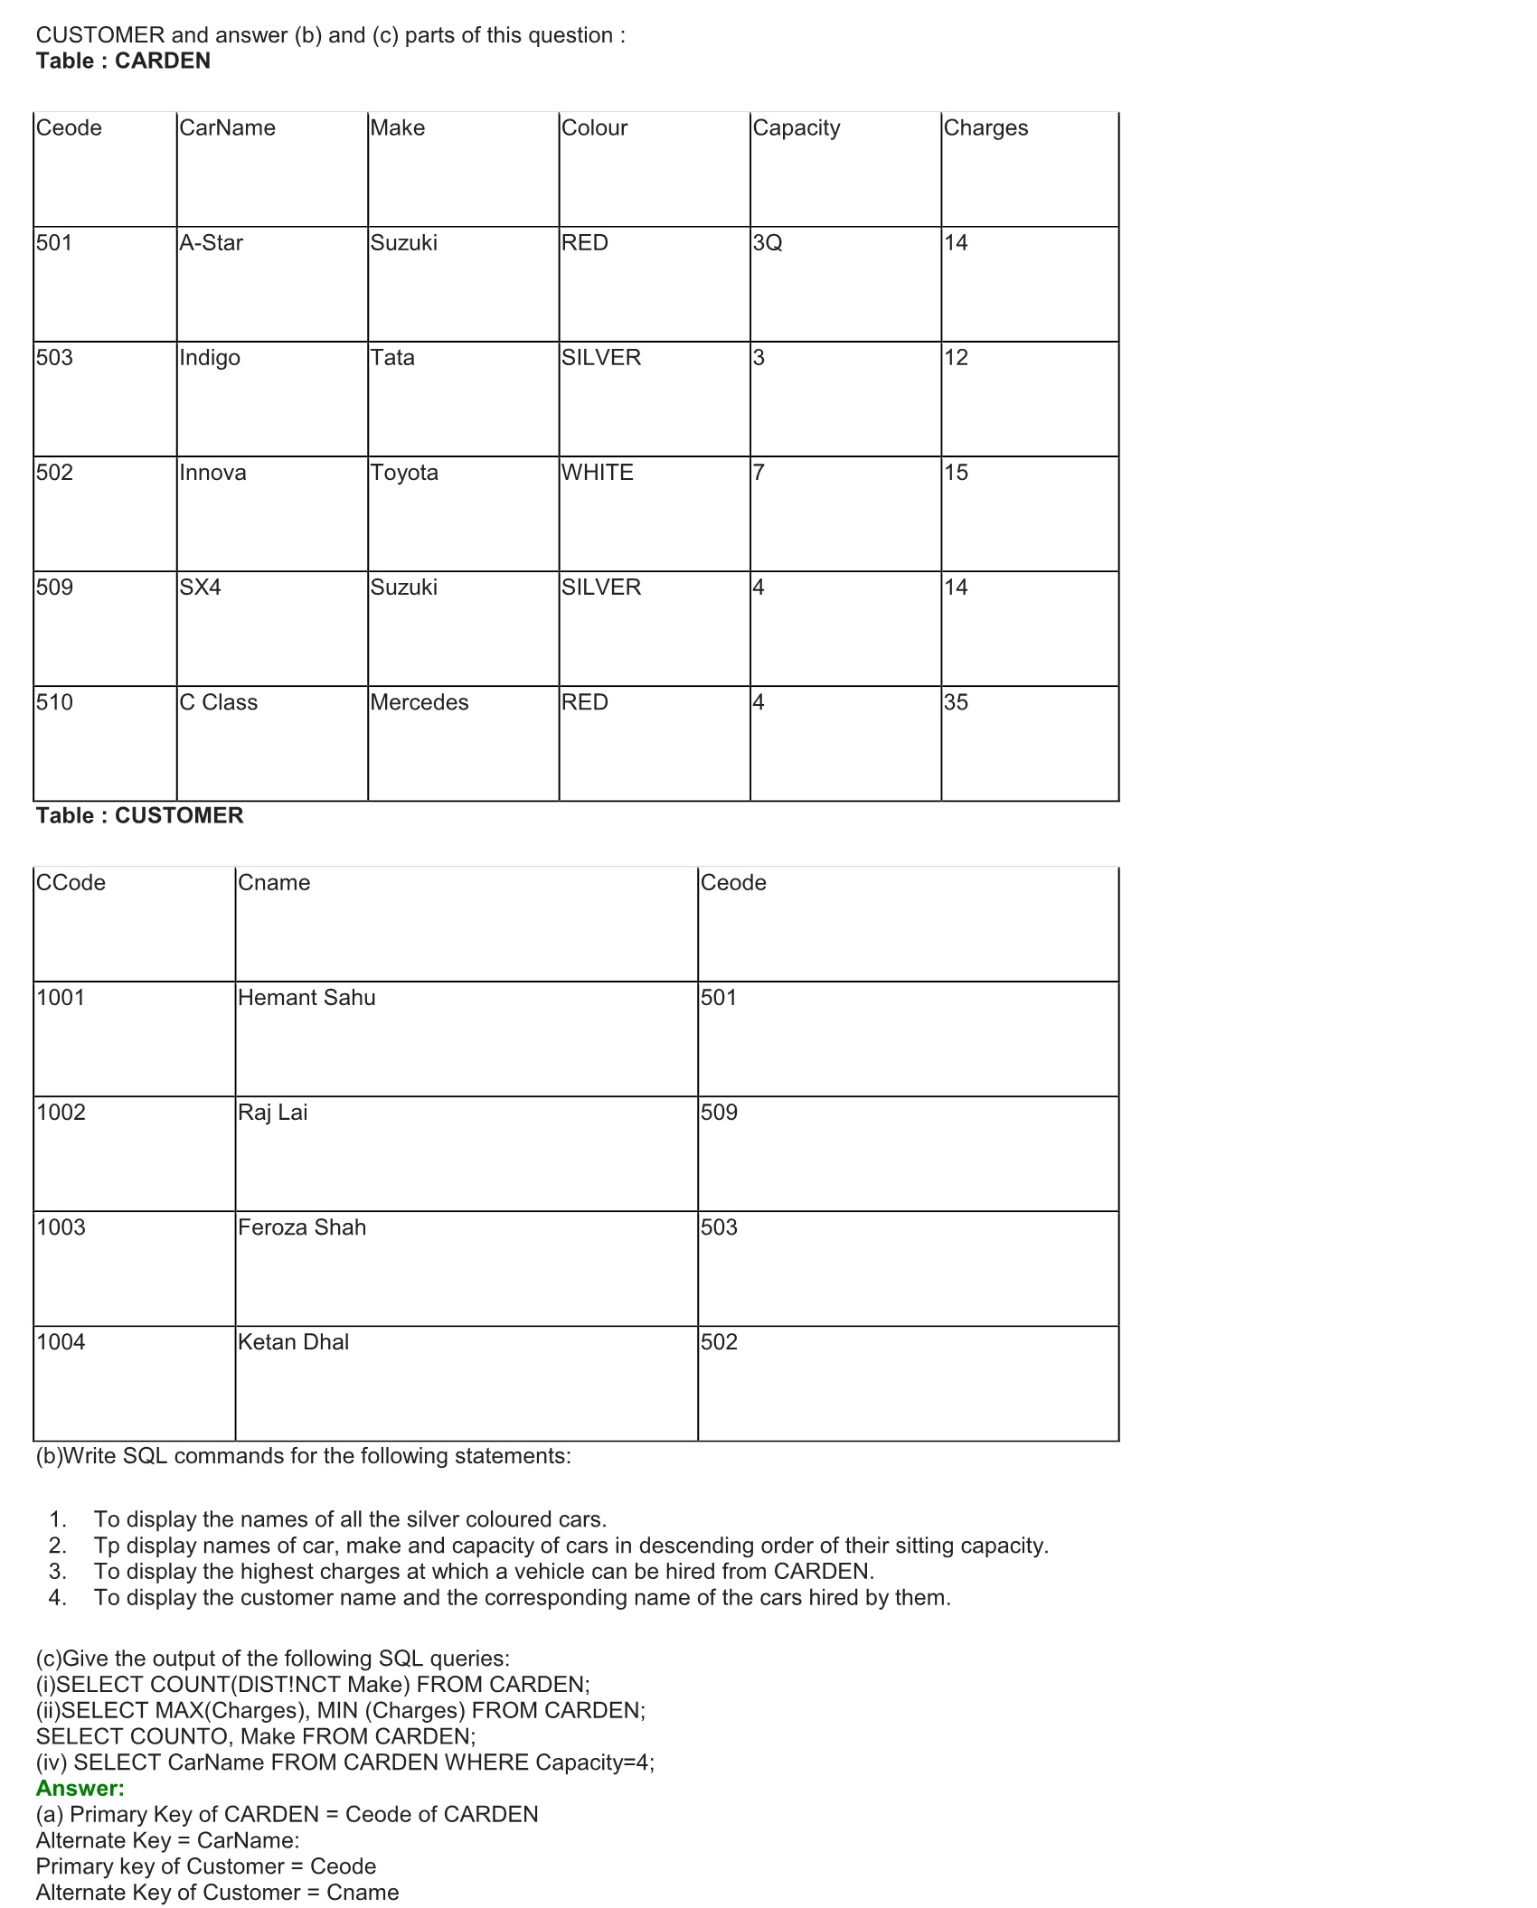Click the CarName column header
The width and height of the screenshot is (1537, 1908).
pyautogui.click(x=227, y=128)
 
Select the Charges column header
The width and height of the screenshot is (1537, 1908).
pyautogui.click(x=985, y=128)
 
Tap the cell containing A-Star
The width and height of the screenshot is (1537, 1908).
pyautogui.click(x=211, y=243)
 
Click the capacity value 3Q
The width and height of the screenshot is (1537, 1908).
pyautogui.click(x=767, y=243)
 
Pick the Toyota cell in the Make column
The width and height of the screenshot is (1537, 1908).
pyautogui.click(x=404, y=473)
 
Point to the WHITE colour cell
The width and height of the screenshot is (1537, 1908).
pyautogui.click(x=597, y=473)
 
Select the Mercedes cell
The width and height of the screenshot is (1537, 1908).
pyautogui.click(x=420, y=702)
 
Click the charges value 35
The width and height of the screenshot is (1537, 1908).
pyautogui.click(x=956, y=702)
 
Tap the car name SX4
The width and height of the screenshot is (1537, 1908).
pyautogui.click(x=200, y=587)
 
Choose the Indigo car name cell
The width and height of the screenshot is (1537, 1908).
pyautogui.click(x=210, y=358)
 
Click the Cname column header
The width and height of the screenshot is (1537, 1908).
pyautogui.click(x=274, y=883)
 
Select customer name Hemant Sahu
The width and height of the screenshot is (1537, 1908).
pyautogui.click(x=306, y=998)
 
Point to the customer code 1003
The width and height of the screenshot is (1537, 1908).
pyautogui.click(x=61, y=1227)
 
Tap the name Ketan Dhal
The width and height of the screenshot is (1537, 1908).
pyautogui.click(x=293, y=1342)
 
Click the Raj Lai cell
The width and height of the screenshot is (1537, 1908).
pyautogui.click(x=272, y=1113)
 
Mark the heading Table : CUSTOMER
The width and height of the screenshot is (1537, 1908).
pyautogui.click(x=140, y=816)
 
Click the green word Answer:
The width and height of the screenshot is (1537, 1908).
pyautogui.click(x=80, y=1789)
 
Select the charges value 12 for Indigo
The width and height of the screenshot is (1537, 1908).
pyautogui.click(x=956, y=358)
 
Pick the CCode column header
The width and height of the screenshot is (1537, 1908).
pyautogui.click(x=71, y=883)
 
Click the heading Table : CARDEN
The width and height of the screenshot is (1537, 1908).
pyautogui.click(x=123, y=61)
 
